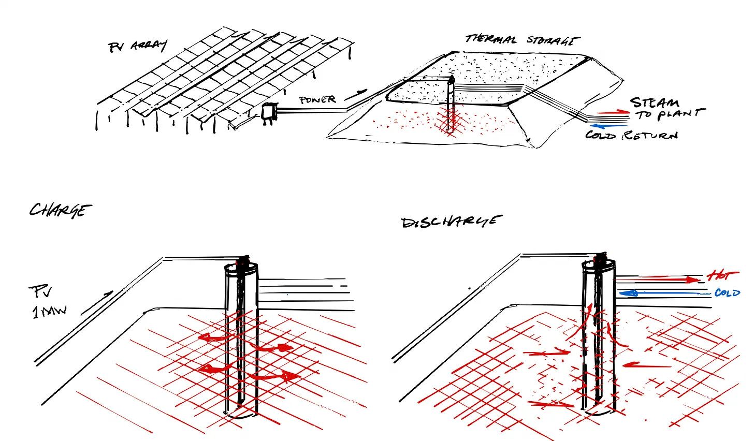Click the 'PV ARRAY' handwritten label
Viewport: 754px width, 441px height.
(137, 47)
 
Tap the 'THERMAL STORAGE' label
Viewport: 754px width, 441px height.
(522, 40)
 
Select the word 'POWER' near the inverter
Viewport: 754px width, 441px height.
(317, 100)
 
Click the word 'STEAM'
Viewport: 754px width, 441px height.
(655, 102)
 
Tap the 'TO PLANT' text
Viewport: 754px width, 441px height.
(671, 114)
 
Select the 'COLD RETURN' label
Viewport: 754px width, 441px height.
(631, 135)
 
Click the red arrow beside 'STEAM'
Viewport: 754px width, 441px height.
(613, 112)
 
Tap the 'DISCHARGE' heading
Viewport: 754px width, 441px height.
(449, 222)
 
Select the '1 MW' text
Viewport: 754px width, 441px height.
(49, 312)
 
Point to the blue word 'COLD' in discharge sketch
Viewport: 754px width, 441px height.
(727, 293)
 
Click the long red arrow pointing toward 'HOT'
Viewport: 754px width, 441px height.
(658, 280)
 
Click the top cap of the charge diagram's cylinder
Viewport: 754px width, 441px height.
(240, 267)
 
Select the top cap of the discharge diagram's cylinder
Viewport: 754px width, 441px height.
(600, 264)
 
